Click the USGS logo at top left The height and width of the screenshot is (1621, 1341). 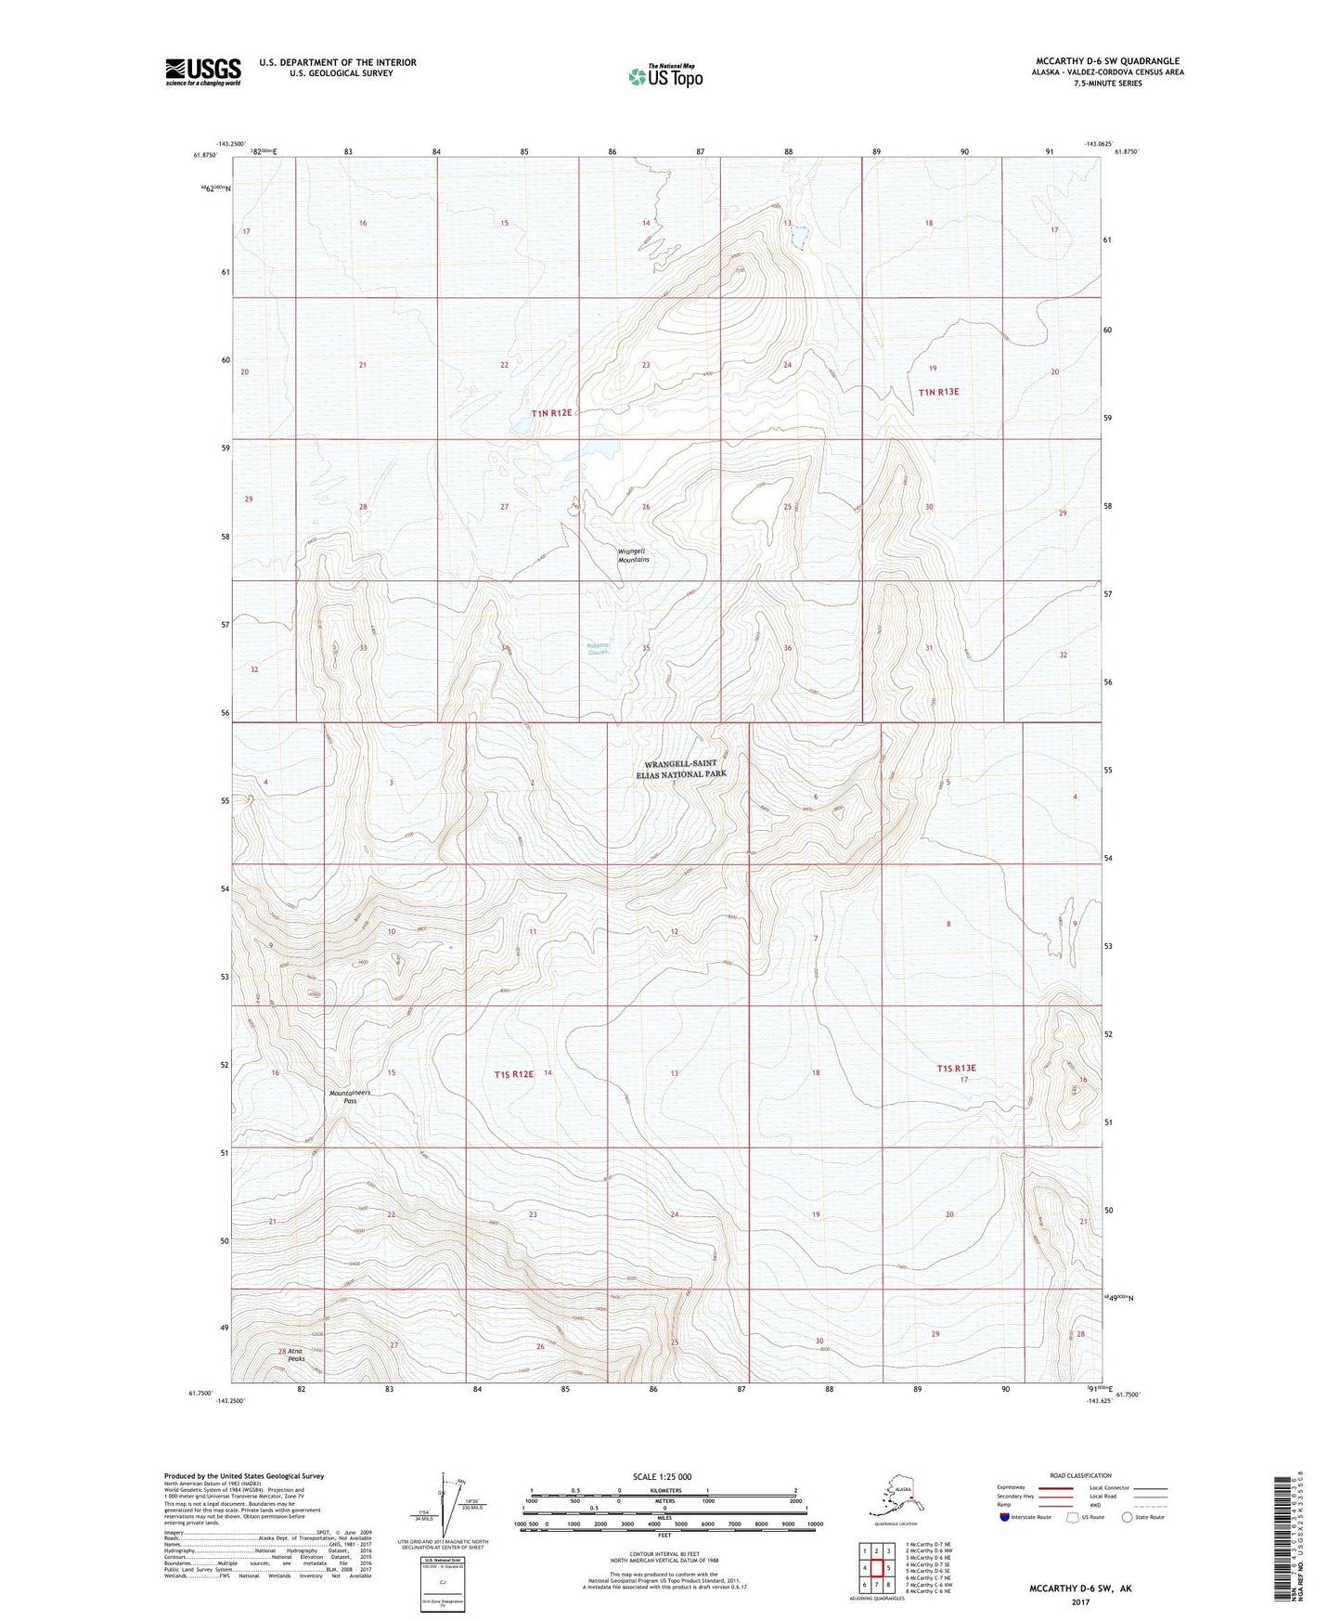pyautogui.click(x=203, y=71)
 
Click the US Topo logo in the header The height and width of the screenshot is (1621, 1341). pyautogui.click(x=665, y=76)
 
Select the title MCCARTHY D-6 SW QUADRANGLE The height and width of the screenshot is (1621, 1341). pyautogui.click(x=1107, y=61)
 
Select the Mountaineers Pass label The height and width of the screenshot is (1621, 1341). pyautogui.click(x=350, y=1096)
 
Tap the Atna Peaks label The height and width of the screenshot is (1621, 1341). pyautogui.click(x=296, y=1355)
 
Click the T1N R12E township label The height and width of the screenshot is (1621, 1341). pyautogui.click(x=551, y=413)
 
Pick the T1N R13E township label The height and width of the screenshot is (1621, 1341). pyautogui.click(x=938, y=392)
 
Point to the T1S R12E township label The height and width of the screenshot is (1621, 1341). pyautogui.click(x=513, y=1074)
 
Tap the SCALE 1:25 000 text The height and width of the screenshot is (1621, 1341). pyautogui.click(x=662, y=1476)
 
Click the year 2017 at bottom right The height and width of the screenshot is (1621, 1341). pyautogui.click(x=1080, y=1602)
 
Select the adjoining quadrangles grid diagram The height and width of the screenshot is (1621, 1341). pyautogui.click(x=876, y=1567)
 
